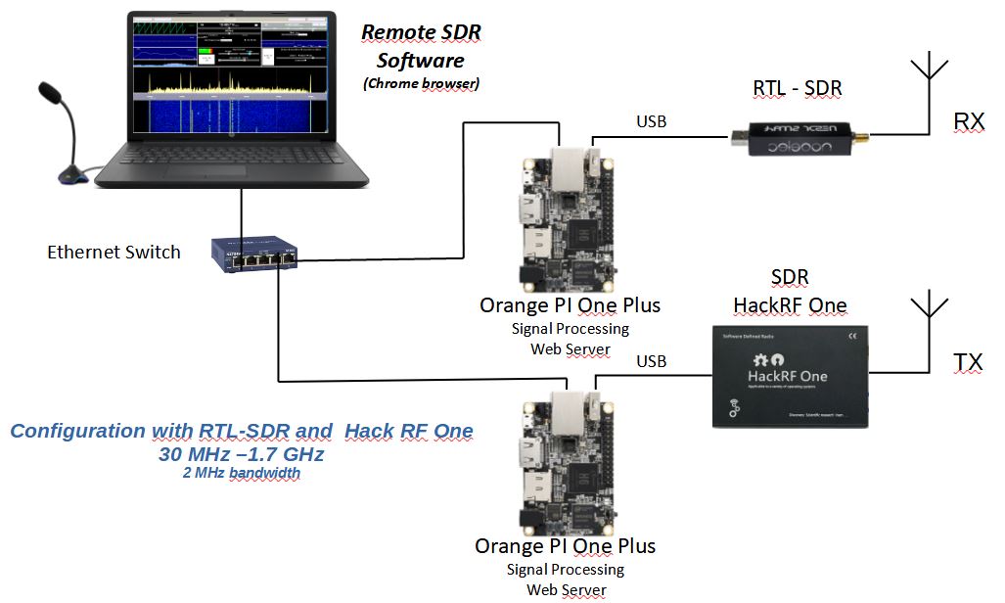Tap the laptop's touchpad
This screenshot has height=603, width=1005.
[205, 170]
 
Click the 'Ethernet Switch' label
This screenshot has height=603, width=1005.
[114, 253]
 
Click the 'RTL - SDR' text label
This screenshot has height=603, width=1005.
[798, 89]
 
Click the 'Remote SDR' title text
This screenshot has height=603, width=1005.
[421, 32]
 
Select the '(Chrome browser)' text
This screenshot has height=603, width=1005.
[421, 84]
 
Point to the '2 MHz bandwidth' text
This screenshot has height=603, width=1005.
[241, 474]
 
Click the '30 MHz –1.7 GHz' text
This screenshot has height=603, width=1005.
[241, 454]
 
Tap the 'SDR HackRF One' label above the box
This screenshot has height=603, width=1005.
[789, 292]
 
